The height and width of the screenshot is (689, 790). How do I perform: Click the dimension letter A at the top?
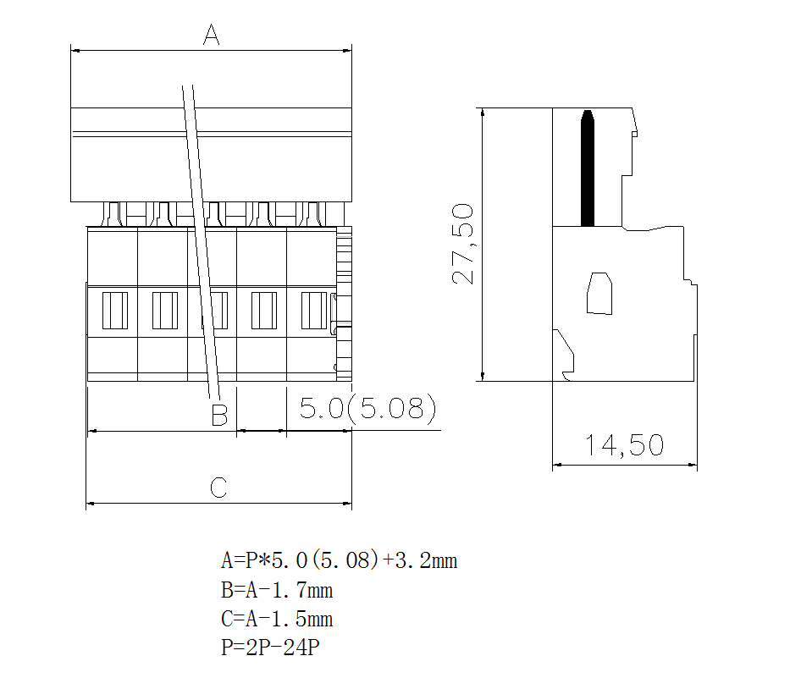[211, 36]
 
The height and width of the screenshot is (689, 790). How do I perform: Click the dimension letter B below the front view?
[219, 416]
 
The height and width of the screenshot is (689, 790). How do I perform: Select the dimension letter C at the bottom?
[218, 488]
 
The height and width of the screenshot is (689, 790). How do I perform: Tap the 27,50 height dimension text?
[463, 244]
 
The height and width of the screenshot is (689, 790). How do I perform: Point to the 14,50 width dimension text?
[624, 445]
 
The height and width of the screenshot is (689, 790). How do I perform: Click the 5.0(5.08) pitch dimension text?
[367, 410]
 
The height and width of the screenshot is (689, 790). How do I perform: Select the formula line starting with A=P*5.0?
[339, 560]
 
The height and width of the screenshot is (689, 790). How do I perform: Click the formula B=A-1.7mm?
[277, 590]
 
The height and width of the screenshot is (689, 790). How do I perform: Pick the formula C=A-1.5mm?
[277, 619]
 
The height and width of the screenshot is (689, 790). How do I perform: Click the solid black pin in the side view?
[587, 169]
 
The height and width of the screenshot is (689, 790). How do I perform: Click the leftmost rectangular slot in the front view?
[114, 311]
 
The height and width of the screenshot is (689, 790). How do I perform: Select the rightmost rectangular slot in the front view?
[313, 311]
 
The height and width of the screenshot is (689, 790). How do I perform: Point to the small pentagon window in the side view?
[600, 294]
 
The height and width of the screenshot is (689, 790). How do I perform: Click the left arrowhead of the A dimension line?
[75, 51]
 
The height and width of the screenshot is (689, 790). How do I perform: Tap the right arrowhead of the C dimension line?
[347, 504]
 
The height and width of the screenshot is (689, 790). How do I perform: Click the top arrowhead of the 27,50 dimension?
[482, 113]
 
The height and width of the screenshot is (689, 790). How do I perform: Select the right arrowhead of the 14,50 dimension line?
[693, 465]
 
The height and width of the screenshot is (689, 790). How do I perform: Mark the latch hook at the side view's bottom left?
[564, 351]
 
